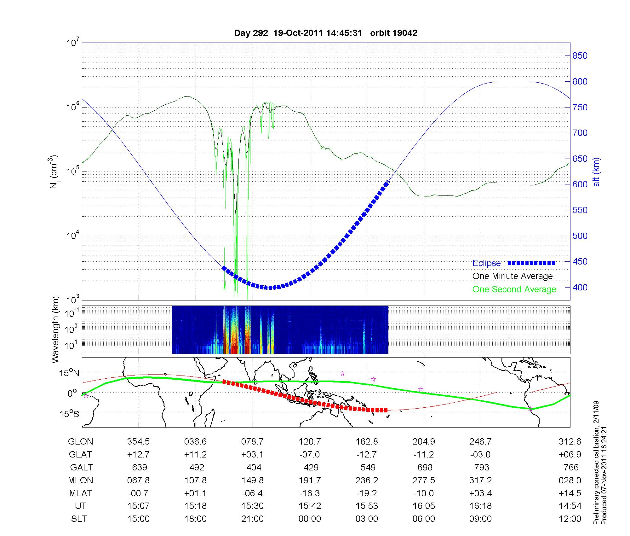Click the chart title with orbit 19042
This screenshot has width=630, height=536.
pyautogui.click(x=325, y=33)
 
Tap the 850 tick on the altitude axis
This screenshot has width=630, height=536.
pyautogui.click(x=580, y=56)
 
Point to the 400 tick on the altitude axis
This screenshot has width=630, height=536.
pyautogui.click(x=580, y=287)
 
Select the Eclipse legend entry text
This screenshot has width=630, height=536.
pyautogui.click(x=486, y=263)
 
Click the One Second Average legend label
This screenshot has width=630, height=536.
pyautogui.click(x=514, y=289)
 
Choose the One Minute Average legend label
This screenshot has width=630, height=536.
pyautogui.click(x=513, y=276)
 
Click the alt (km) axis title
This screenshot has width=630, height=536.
pyautogui.click(x=596, y=172)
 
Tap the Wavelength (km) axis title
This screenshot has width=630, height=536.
pyautogui.click(x=55, y=330)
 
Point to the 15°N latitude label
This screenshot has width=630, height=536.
pyautogui.click(x=69, y=373)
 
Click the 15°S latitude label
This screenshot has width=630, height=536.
pyautogui.click(x=69, y=413)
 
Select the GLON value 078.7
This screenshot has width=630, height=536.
pyautogui.click(x=252, y=441)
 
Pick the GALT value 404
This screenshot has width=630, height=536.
pyautogui.click(x=254, y=467)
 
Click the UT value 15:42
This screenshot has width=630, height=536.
pyautogui.click(x=310, y=506)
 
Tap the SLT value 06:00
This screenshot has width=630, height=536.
pyautogui.click(x=424, y=519)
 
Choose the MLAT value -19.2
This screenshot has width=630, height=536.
pyautogui.click(x=367, y=493)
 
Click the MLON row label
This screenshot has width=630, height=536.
pyautogui.click(x=81, y=480)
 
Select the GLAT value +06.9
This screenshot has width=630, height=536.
pyautogui.click(x=570, y=454)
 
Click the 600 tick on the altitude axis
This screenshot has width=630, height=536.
pyautogui.click(x=580, y=184)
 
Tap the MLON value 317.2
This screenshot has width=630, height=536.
pyautogui.click(x=480, y=480)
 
